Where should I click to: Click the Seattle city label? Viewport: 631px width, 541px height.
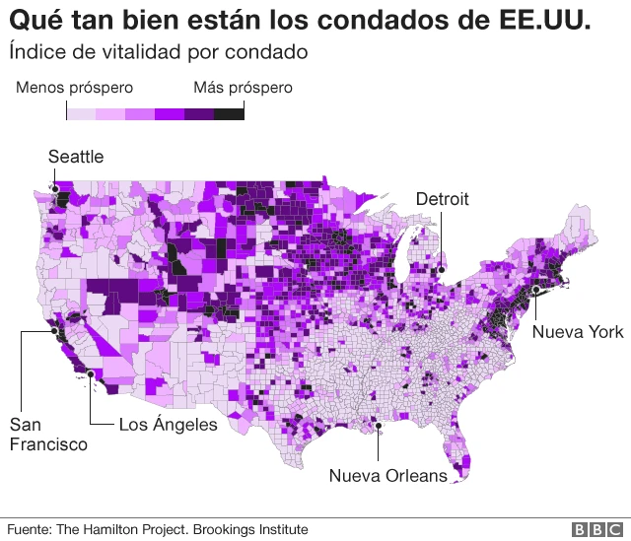[x=76, y=157]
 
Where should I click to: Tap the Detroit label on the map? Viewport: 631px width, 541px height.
[x=442, y=199]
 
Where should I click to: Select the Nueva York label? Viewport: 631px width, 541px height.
[x=578, y=332]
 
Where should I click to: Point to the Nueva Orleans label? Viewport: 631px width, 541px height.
[x=387, y=476]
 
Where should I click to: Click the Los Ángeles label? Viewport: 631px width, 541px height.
[x=168, y=425]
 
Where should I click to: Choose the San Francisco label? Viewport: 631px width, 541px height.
[x=47, y=435]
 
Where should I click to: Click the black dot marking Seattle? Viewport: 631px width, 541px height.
[x=56, y=187]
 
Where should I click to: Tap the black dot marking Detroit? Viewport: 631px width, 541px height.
[x=442, y=266]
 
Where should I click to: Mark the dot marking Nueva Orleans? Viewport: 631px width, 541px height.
[x=378, y=426]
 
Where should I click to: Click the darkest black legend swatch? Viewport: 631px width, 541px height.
[x=229, y=114]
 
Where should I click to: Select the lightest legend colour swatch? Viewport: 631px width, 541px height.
[x=81, y=114]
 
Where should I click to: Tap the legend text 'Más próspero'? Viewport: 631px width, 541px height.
[x=243, y=88]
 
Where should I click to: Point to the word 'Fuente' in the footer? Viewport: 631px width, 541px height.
[x=29, y=529]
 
